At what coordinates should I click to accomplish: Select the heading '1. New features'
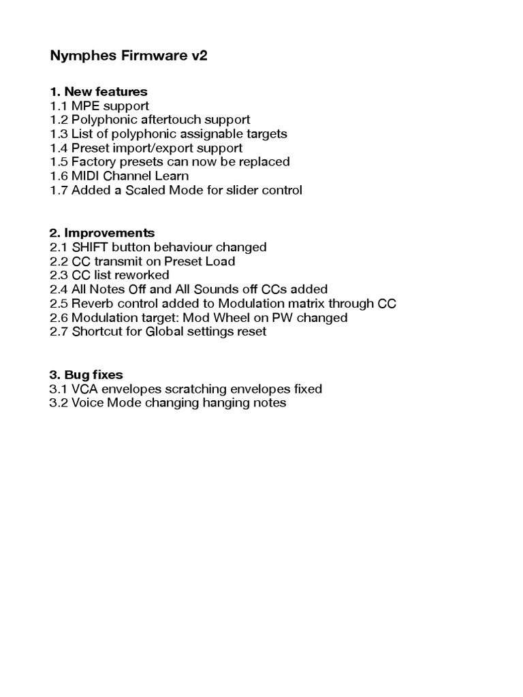99,91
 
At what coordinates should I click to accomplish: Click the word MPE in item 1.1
86,106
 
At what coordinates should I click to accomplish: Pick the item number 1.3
59,134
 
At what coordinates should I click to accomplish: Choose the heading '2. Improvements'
102,233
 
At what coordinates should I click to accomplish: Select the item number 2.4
59,289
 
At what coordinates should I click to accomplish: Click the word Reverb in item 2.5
92,304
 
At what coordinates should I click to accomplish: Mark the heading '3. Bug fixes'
86,374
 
